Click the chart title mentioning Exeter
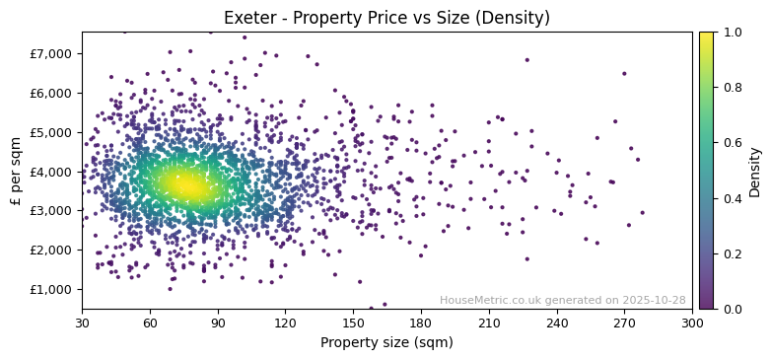(x=386, y=18)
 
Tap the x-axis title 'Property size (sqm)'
(x=386, y=343)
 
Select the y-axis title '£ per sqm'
(x=16, y=171)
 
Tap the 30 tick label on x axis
(x=82, y=323)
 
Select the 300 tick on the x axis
(x=692, y=323)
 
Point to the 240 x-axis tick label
(x=557, y=323)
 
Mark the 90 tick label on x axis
(x=218, y=323)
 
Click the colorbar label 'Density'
(x=755, y=171)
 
